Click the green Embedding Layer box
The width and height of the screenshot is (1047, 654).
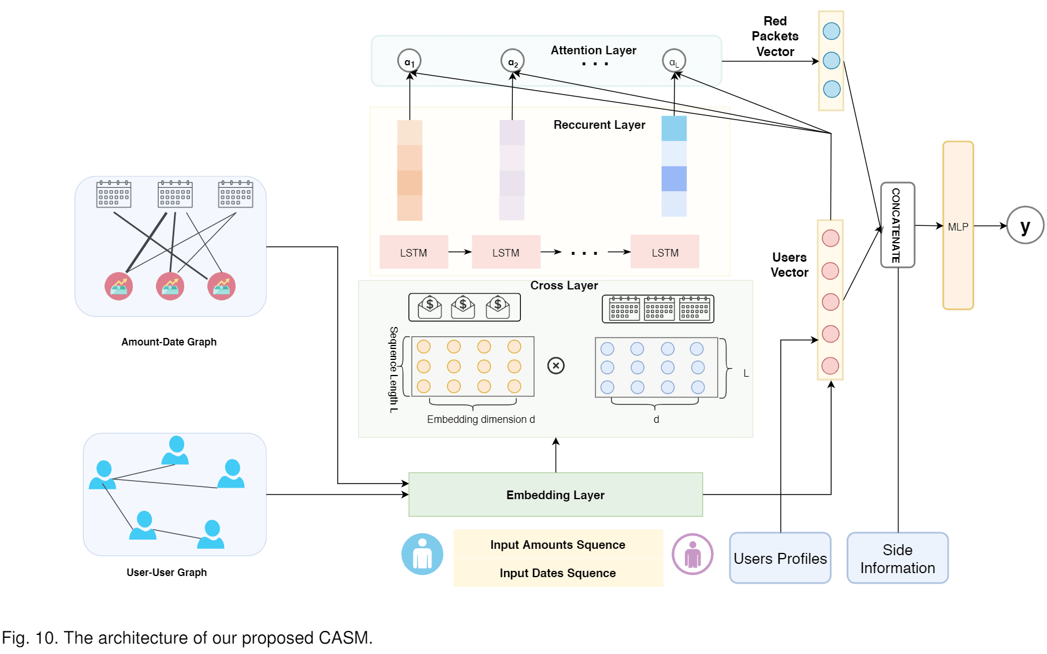[555, 495]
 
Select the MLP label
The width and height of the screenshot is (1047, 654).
[957, 227]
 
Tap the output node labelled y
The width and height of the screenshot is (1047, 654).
[1025, 225]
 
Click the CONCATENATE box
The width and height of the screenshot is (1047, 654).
[897, 225]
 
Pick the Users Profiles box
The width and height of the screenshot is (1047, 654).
[780, 558]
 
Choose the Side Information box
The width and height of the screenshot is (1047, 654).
[897, 558]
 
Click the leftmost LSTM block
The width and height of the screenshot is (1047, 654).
[413, 252]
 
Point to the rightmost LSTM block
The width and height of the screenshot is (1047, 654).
[665, 252]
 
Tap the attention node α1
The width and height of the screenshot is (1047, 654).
[409, 61]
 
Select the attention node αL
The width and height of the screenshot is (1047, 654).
[674, 61]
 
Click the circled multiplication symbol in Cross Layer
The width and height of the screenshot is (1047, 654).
[556, 365]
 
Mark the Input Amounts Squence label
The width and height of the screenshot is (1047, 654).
[557, 544]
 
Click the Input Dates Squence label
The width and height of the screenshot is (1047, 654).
[557, 573]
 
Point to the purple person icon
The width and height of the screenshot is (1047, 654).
[692, 554]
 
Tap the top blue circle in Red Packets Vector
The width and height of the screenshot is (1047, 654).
[831, 31]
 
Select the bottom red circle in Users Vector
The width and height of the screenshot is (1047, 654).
[830, 366]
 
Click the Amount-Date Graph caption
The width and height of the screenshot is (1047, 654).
[169, 341]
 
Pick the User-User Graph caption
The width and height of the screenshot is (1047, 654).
[166, 572]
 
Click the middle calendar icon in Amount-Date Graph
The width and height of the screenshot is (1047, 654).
[175, 194]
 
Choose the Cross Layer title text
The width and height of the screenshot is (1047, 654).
[564, 285]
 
